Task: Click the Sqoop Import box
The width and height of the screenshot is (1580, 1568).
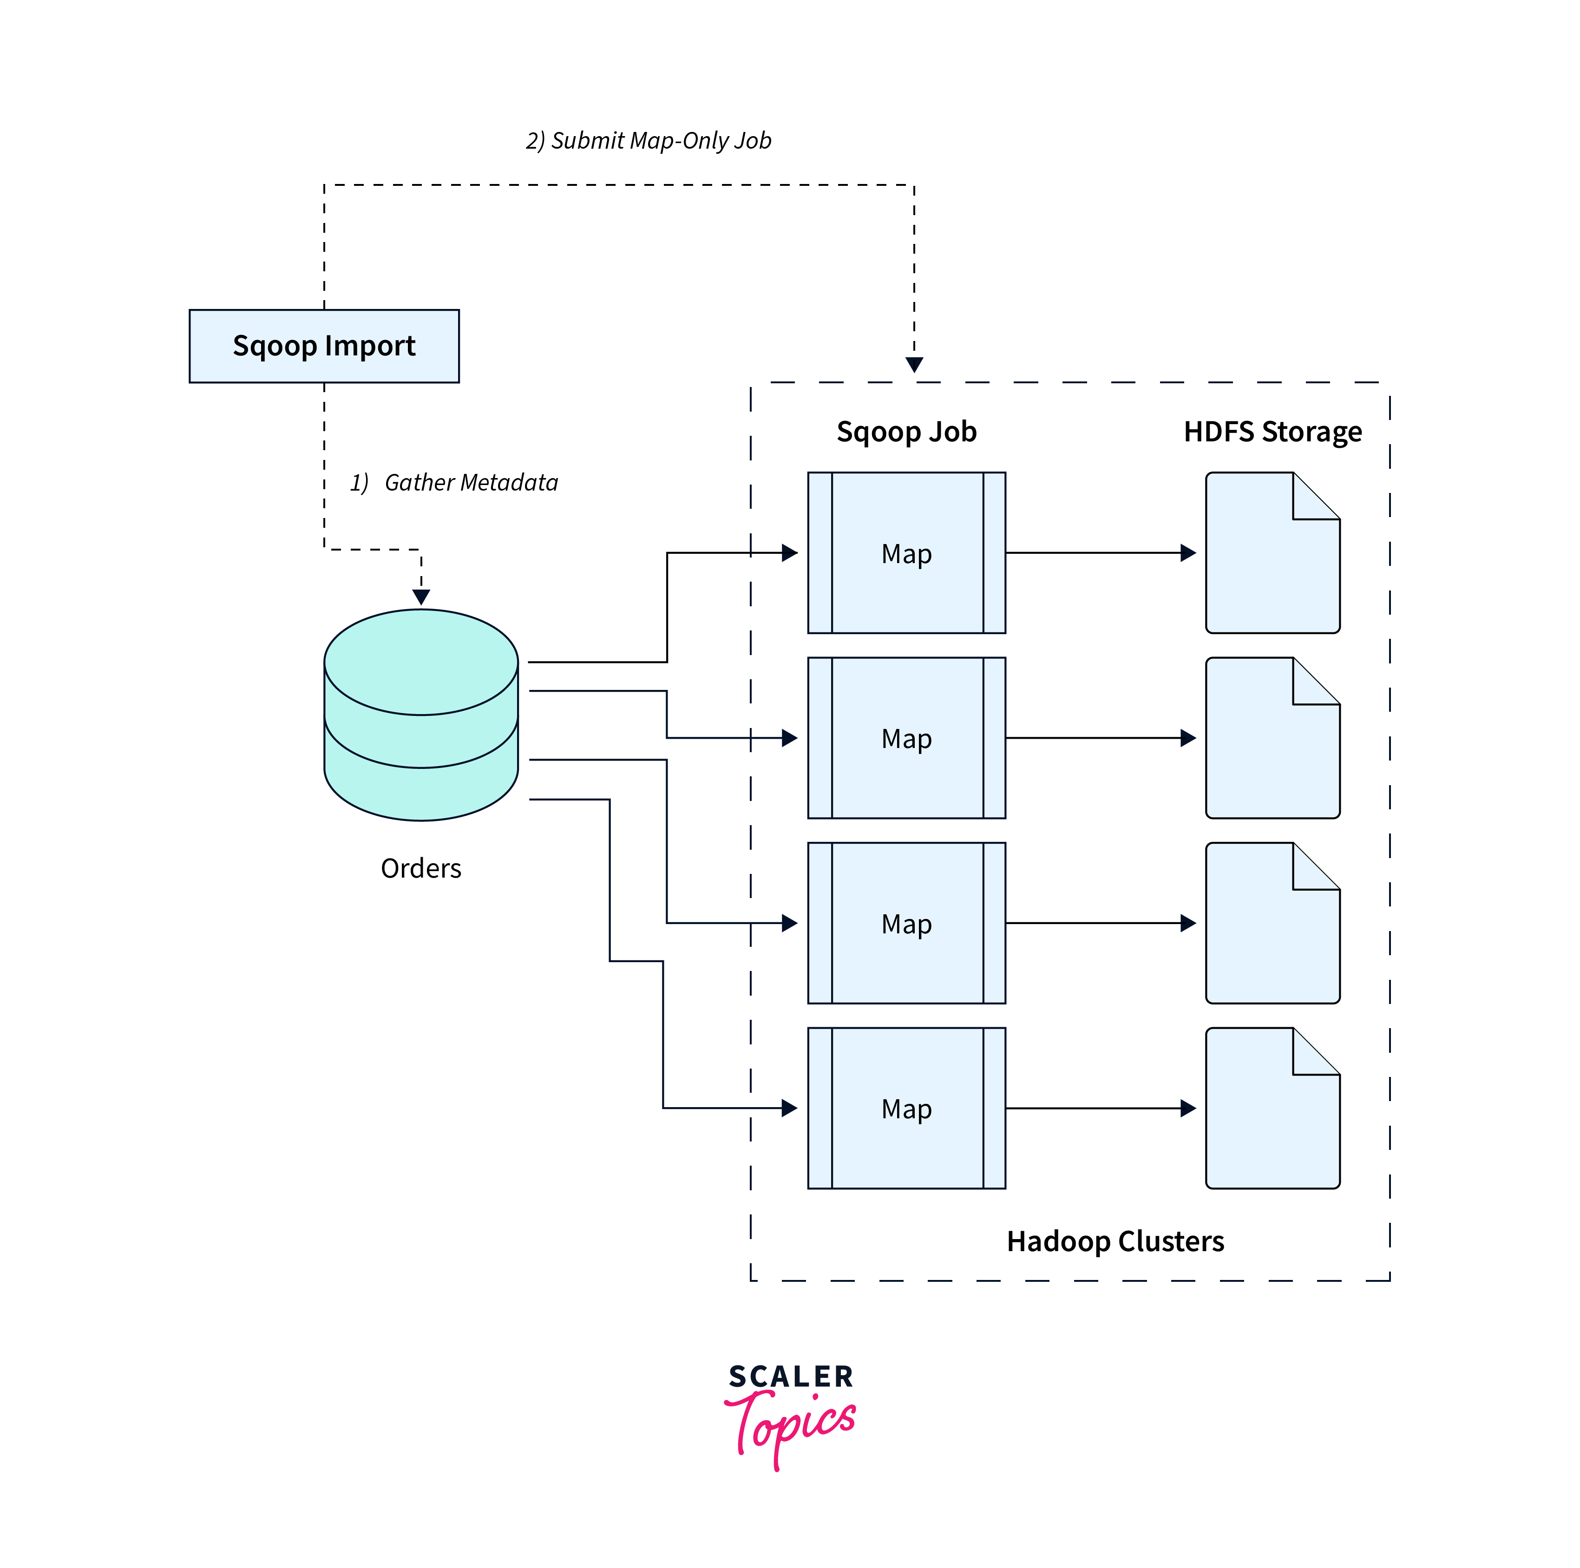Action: (x=324, y=346)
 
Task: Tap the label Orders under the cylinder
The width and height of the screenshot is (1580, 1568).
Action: (x=421, y=868)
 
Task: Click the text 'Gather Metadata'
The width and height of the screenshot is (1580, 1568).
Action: (x=471, y=483)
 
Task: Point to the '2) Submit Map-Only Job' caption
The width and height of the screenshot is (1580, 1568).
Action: (x=649, y=141)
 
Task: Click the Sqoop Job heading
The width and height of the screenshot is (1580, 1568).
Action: (x=906, y=431)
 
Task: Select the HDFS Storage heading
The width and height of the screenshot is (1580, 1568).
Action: (x=1272, y=431)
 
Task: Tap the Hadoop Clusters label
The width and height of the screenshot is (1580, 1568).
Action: (x=1115, y=1241)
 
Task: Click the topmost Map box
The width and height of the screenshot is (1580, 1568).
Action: (x=906, y=553)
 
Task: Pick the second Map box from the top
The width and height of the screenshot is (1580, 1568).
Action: (x=906, y=738)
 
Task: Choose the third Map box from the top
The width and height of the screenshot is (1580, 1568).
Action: (x=906, y=924)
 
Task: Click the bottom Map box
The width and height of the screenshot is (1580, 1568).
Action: (x=906, y=1109)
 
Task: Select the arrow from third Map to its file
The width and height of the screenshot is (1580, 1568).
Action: (x=1100, y=924)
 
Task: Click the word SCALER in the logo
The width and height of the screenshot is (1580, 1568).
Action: (x=791, y=1377)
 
